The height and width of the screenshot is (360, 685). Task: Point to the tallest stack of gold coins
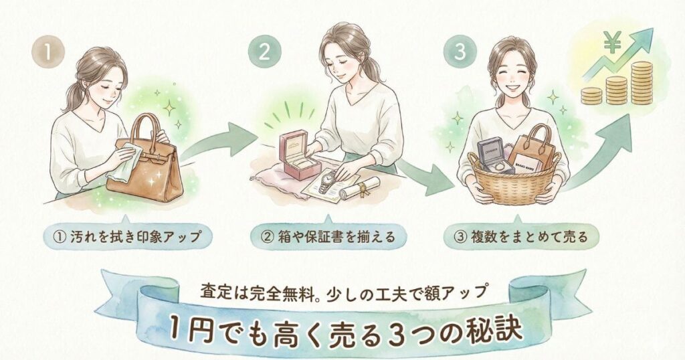coord(641,82)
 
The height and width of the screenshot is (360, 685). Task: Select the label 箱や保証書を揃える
coord(326,236)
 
